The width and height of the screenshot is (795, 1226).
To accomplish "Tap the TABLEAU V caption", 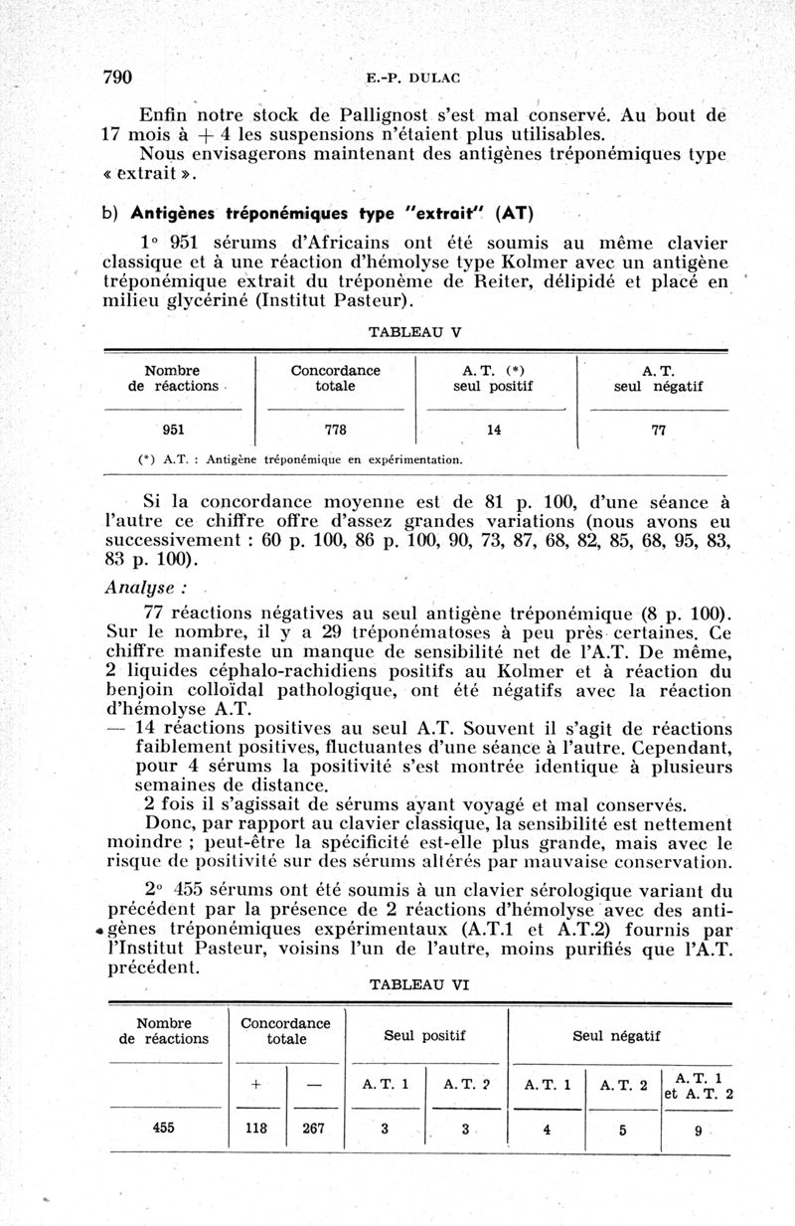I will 414,331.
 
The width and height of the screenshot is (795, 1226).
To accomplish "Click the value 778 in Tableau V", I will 336,431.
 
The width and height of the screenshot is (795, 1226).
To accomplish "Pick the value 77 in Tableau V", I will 658,431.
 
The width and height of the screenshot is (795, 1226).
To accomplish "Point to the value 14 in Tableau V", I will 494,431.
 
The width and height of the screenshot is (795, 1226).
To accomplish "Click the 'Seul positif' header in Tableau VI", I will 425,1036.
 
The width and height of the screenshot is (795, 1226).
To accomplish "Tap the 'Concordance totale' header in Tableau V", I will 336,378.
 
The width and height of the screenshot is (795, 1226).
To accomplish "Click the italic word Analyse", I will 140,586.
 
